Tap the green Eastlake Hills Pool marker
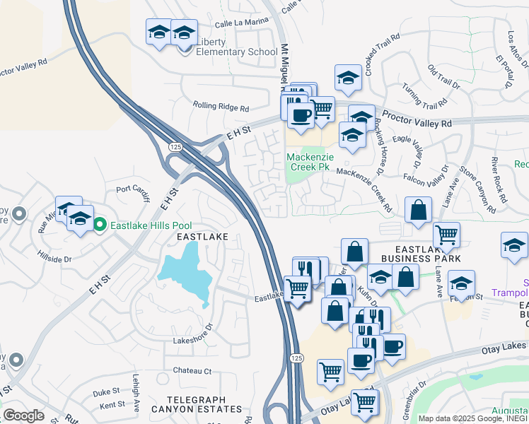coord(100,225)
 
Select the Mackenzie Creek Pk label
coord(308,162)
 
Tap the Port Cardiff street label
coord(133,189)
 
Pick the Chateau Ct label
coord(192,370)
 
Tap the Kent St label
coord(112,405)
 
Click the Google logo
coord(23,416)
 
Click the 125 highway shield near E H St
coord(175,146)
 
